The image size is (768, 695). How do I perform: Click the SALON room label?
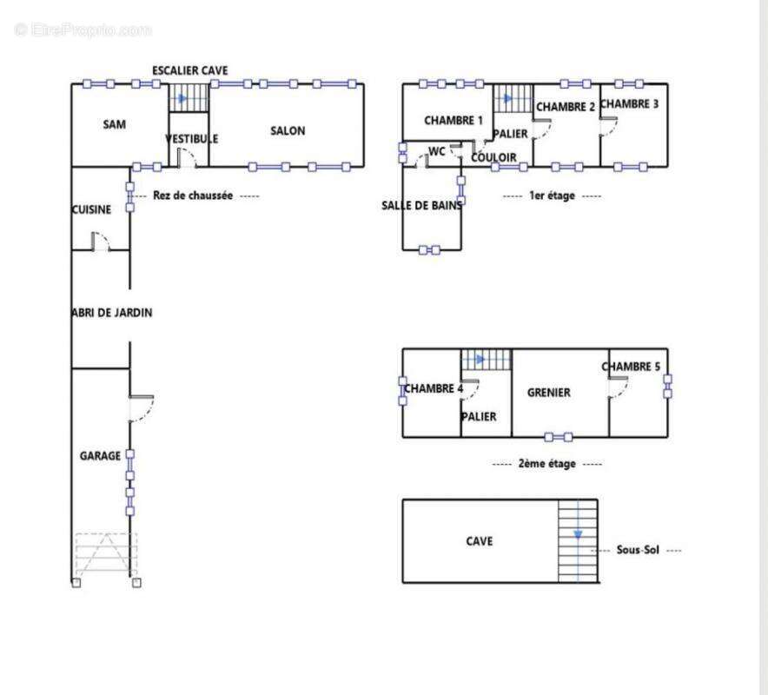click(x=288, y=131)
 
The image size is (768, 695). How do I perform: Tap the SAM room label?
click(x=114, y=124)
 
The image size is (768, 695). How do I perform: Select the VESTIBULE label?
click(x=191, y=139)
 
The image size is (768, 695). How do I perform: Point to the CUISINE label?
click(x=91, y=209)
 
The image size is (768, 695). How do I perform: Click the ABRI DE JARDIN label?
click(x=112, y=313)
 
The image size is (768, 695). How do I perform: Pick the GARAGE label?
click(x=100, y=456)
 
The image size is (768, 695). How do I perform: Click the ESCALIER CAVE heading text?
click(x=190, y=70)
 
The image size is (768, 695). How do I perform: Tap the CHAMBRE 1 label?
click(x=453, y=121)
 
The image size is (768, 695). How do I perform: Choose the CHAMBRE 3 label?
click(x=629, y=104)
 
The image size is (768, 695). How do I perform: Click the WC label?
click(x=436, y=151)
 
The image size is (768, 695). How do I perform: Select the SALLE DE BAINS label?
click(x=421, y=205)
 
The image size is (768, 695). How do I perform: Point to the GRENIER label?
click(x=548, y=393)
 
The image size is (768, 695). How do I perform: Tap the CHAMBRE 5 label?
click(x=631, y=367)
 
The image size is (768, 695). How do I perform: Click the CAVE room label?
click(x=479, y=541)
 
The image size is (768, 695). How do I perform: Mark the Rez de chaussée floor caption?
click(x=193, y=195)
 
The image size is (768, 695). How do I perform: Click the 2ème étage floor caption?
click(x=547, y=463)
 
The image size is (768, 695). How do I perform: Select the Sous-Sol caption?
click(x=638, y=550)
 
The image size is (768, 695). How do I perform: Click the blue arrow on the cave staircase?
click(x=578, y=534)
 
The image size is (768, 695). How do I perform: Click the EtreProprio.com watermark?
click(x=83, y=30)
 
